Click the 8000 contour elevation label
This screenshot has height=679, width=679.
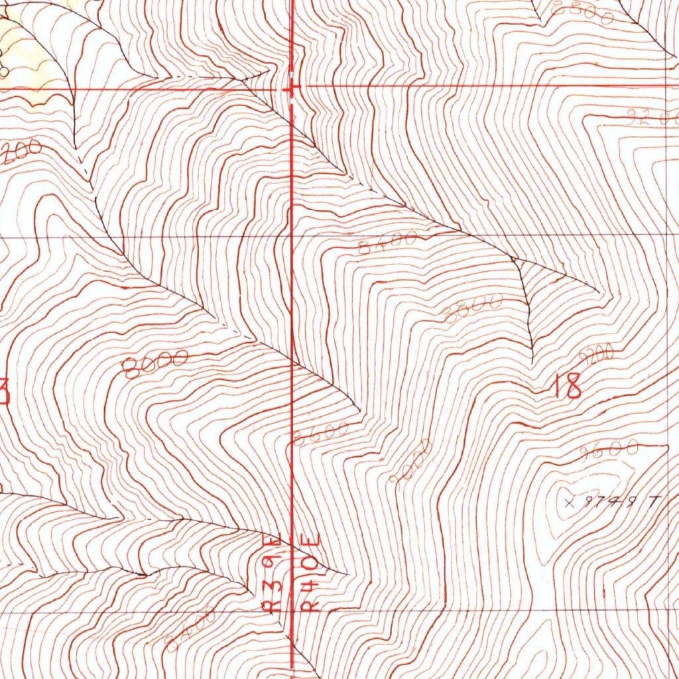pos(155,363)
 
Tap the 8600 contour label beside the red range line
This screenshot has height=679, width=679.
pos(321,434)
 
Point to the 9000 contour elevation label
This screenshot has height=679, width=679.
pos(412,460)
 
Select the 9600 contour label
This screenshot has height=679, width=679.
pos(609,450)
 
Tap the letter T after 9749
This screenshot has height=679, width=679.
pos(652,502)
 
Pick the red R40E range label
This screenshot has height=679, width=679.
pos(312,573)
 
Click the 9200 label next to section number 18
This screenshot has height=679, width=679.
pos(597,355)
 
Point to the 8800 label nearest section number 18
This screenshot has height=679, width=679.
pos(473,309)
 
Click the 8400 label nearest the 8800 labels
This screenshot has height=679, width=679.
pos(388,243)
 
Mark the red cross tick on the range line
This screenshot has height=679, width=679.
pos(292,88)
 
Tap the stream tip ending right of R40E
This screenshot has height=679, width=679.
pos(345,572)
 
